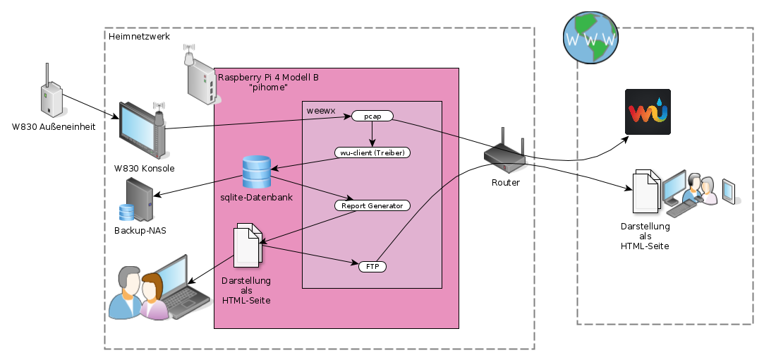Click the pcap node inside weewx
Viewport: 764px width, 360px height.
tap(372, 116)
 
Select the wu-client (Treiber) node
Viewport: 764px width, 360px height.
tap(372, 152)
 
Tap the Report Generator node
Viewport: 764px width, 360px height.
tap(372, 205)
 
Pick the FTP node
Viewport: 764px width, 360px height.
tap(372, 267)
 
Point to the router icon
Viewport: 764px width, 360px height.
tap(505, 153)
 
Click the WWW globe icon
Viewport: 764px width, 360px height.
tap(591, 37)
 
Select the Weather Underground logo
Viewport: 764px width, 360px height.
tap(648, 112)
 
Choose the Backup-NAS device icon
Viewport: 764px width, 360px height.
tap(138, 199)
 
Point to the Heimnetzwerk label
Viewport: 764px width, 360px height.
tap(139, 36)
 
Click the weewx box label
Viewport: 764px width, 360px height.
tap(320, 110)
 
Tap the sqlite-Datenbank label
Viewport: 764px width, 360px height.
tap(256, 197)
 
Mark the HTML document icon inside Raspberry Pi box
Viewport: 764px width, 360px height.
tap(248, 244)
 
